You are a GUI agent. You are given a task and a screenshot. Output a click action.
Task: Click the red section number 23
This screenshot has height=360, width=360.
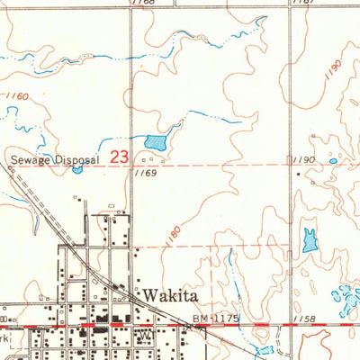click(119, 157)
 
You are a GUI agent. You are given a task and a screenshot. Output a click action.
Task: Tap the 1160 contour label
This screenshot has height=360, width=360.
click(16, 94)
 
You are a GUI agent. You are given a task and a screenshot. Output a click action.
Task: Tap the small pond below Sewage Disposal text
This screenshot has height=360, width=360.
click(77, 169)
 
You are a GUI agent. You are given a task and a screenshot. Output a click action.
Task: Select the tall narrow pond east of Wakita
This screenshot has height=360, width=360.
click(310, 240)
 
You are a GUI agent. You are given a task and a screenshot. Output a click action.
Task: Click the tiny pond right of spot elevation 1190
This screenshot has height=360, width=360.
click(333, 161)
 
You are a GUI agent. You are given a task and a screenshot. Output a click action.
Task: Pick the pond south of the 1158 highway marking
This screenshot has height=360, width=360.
click(264, 350)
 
